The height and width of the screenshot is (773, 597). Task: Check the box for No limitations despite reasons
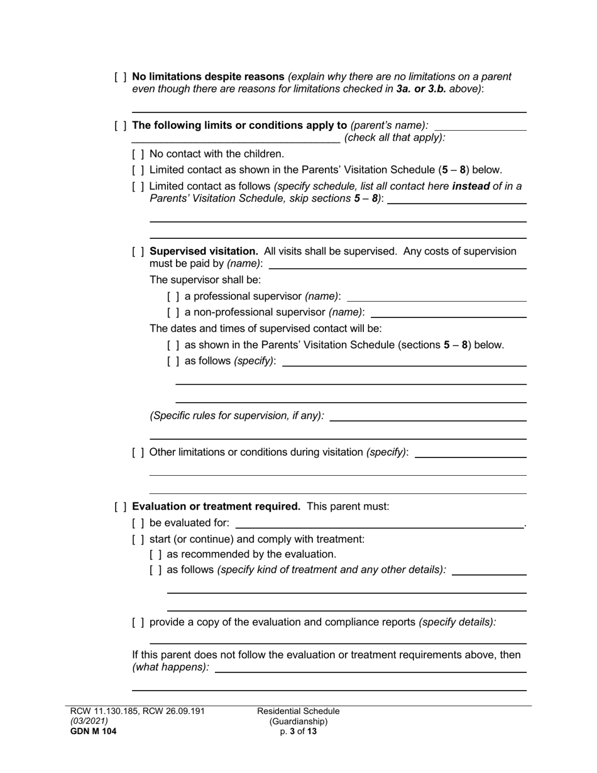[121, 77]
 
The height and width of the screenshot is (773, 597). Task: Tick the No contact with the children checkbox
[138, 154]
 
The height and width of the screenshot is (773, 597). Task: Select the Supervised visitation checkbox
[138, 252]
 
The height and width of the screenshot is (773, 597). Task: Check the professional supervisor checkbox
[173, 297]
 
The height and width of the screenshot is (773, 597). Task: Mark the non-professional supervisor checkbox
[173, 312]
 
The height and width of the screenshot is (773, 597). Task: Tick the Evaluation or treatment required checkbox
[121, 507]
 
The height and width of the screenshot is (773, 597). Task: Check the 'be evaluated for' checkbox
[138, 524]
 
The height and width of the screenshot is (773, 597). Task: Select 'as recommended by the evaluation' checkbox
[156, 555]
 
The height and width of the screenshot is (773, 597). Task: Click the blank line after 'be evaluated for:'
[379, 524]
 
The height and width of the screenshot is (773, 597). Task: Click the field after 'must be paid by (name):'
[397, 264]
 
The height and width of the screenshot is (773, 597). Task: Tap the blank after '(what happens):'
[371, 668]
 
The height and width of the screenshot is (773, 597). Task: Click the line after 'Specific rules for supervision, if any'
[427, 416]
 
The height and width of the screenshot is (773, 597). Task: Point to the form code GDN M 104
[93, 732]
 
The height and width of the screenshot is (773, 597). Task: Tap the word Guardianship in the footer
[298, 721]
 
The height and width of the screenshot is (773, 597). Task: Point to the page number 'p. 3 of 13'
[298, 732]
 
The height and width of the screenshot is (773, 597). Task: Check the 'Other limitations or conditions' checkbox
[138, 452]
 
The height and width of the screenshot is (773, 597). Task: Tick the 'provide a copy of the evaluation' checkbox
[138, 623]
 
